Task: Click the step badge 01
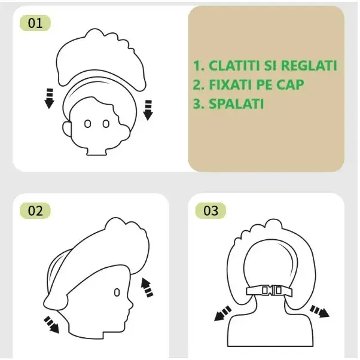(x=35, y=23)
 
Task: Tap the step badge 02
(x=35, y=210)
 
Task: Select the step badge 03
(x=210, y=210)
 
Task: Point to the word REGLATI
(x=309, y=66)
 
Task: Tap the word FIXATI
(x=231, y=85)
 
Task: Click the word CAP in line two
(x=290, y=85)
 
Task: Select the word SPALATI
(x=236, y=104)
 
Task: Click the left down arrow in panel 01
(x=49, y=98)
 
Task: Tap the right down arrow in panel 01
(x=148, y=110)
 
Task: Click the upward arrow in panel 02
(x=147, y=288)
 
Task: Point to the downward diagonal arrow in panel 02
(x=51, y=324)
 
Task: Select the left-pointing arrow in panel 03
(x=222, y=313)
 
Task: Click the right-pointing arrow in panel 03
(x=319, y=312)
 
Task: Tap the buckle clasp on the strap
(x=271, y=291)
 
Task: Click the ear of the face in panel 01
(x=67, y=129)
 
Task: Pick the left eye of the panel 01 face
(x=87, y=124)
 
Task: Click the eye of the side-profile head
(x=117, y=292)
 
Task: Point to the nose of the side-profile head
(x=130, y=304)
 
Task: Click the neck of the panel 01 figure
(x=96, y=151)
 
